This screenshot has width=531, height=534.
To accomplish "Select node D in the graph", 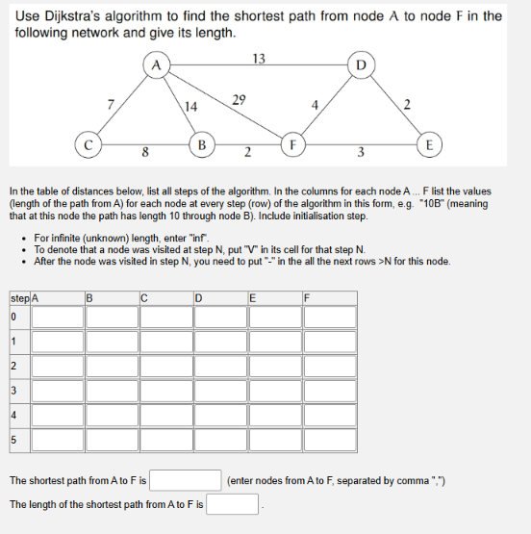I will click(361, 65).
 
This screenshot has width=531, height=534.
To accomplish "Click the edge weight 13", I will click(258, 59).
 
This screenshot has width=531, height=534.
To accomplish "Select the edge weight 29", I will click(240, 98).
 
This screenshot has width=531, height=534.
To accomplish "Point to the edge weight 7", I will click(112, 104).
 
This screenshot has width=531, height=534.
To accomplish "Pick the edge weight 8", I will click(144, 152).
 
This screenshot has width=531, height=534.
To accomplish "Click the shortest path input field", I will click(187, 479).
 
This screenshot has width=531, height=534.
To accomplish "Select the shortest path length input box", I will click(232, 504).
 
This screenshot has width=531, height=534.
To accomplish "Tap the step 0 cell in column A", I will click(57, 316).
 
